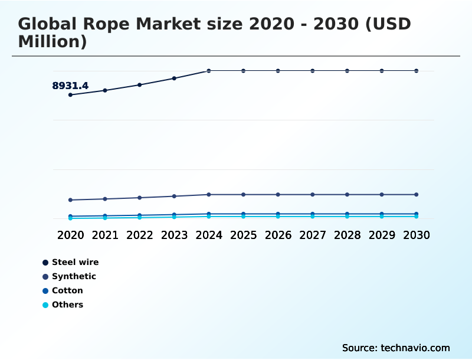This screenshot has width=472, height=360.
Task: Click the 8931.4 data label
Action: pos(70,86)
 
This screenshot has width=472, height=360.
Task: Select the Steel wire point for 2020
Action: pos(70,94)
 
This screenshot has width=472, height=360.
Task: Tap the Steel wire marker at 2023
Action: pos(174,78)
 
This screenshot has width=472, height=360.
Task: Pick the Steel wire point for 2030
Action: pos(417,71)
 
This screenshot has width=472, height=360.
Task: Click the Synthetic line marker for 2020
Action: pos(70,200)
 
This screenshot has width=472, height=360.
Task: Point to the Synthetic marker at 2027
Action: pos(313,194)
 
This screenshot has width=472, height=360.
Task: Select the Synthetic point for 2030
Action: pos(417,194)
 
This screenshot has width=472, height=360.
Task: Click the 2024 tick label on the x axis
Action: pos(209,235)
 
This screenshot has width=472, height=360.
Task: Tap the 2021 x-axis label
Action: pos(105,235)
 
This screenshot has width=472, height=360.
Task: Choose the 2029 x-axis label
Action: pos(382,235)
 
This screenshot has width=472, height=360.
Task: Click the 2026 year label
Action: pos(278,235)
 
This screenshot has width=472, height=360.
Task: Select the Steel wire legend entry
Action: pos(75,262)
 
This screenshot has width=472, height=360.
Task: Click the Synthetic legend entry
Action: pos(74,276)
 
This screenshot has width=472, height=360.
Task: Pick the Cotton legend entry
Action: pos(67,290)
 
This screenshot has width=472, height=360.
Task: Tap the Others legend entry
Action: pos(67,305)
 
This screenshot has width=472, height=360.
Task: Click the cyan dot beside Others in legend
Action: pos(45,305)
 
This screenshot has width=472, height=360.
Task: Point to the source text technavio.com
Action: pos(415,348)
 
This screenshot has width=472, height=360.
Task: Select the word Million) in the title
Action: pos(53,42)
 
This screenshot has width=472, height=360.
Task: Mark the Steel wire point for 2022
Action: pos(139,85)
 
